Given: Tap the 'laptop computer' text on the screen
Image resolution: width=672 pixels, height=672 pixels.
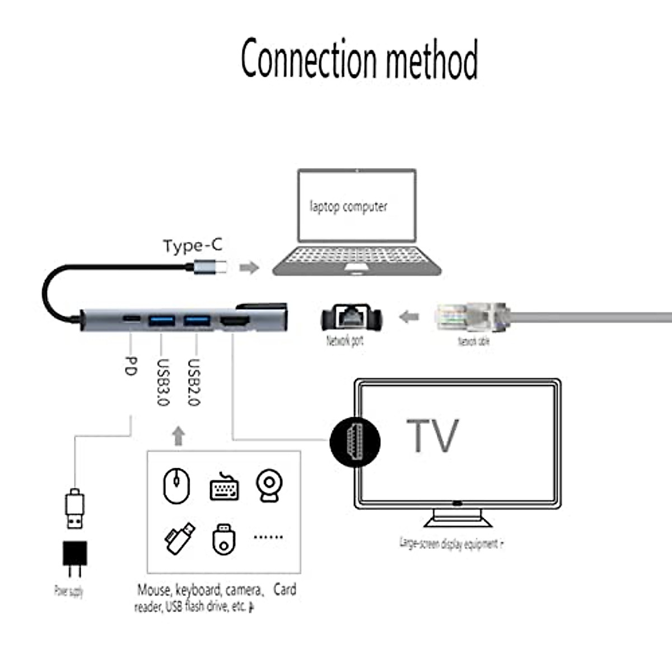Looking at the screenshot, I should click(348, 206).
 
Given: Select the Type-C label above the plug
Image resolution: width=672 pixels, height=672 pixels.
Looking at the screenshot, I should click(193, 246).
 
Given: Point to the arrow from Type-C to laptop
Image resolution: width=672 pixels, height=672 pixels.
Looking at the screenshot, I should click(249, 268).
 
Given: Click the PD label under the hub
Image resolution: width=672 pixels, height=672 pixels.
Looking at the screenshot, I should click(130, 366).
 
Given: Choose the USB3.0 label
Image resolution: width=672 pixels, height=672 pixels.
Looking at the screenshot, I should click(162, 382).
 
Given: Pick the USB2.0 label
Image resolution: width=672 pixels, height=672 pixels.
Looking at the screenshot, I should click(193, 382).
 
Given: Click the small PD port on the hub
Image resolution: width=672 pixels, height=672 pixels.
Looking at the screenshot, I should click(132, 320).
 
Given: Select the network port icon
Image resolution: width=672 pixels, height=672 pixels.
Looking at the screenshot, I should click(352, 318).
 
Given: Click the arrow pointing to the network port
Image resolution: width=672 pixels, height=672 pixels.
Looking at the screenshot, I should click(409, 317).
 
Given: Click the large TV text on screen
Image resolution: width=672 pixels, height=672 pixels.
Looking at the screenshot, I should click(432, 436).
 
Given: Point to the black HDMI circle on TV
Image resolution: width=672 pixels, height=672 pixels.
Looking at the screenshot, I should click(354, 441).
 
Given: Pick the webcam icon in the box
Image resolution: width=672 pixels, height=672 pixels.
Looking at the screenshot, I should click(269, 485).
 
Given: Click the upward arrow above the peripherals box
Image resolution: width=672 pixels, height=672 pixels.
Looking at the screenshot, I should click(179, 436).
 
